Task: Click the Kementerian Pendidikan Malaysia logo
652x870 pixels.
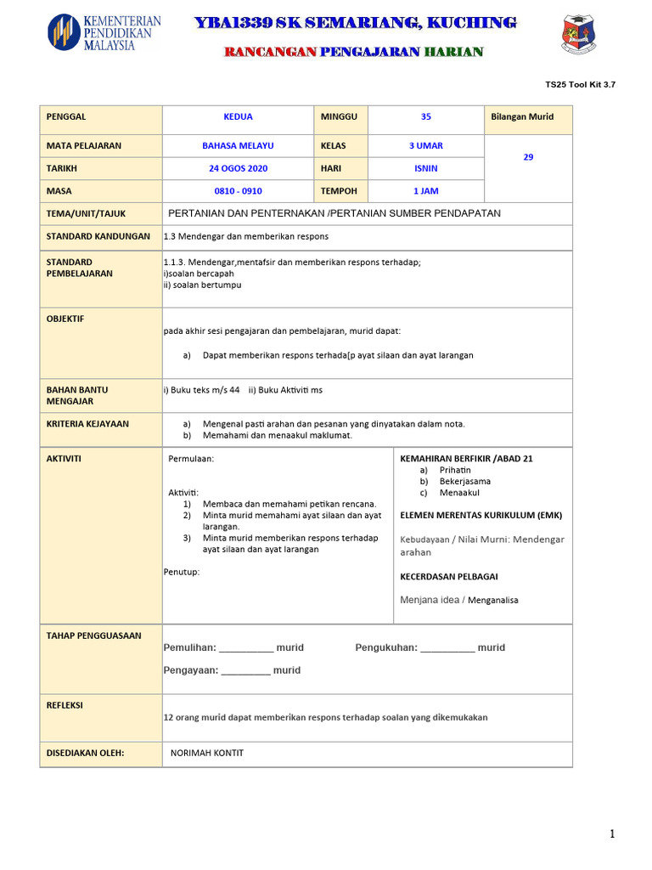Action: [x=104, y=32]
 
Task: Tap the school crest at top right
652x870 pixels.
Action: [x=579, y=34]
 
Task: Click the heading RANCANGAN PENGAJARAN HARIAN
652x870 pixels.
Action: [x=353, y=52]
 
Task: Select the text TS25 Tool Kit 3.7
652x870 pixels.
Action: [x=580, y=85]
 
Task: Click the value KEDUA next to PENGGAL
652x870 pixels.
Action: [x=238, y=117]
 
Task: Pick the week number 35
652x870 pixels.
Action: [x=425, y=117]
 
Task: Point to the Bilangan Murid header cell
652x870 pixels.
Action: [x=522, y=117]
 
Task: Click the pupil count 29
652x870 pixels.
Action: [x=528, y=157]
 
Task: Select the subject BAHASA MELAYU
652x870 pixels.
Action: [x=238, y=146]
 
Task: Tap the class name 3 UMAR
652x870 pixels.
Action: [x=425, y=146]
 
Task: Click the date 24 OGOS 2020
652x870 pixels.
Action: [x=238, y=169]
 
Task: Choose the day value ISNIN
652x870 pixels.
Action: [x=425, y=169]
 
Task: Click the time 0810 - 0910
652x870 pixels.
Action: [x=238, y=192]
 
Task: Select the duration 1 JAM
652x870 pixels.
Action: [x=425, y=192]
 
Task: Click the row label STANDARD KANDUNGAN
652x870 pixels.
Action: [x=98, y=236]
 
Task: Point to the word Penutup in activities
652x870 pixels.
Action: [x=182, y=572]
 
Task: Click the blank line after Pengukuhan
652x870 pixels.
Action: [x=447, y=648]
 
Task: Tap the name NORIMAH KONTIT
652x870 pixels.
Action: [x=207, y=753]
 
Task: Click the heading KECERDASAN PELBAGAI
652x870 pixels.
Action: [x=449, y=577]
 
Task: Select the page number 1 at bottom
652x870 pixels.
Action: [x=611, y=835]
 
